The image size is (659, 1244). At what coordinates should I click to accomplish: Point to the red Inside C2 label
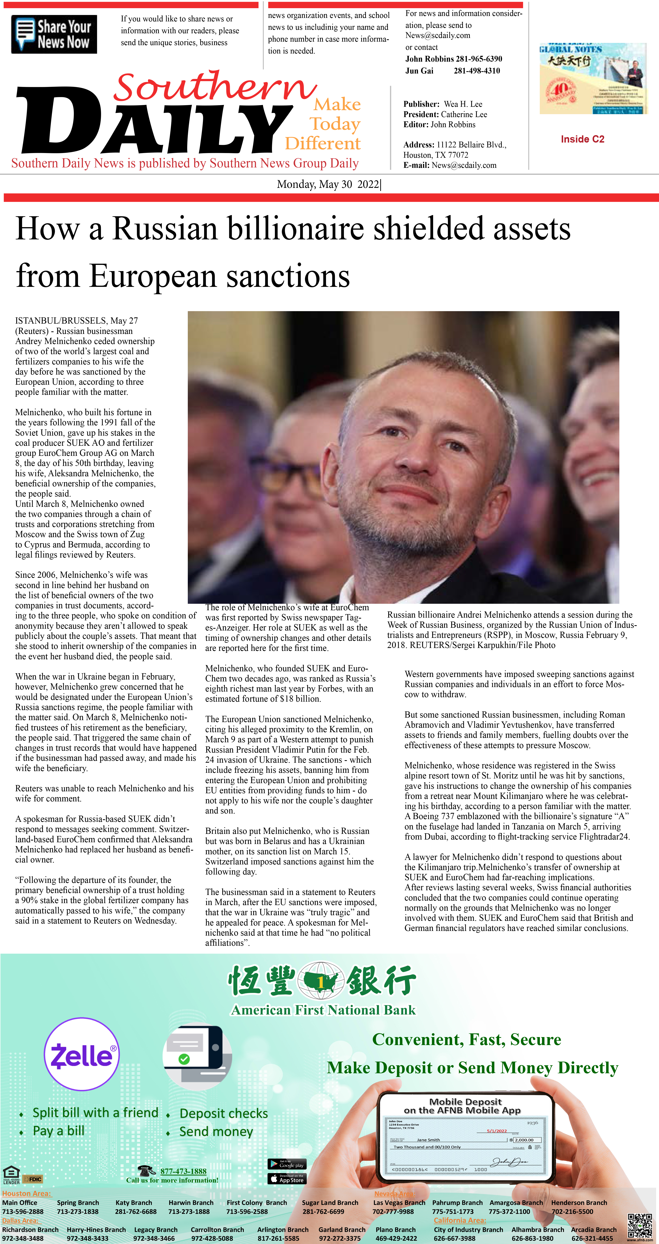click(582, 139)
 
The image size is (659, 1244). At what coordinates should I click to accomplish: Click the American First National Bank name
click(323, 1010)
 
